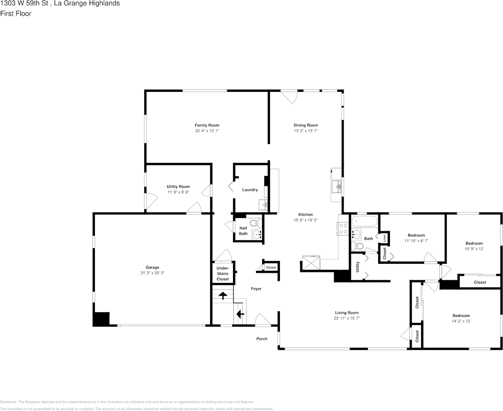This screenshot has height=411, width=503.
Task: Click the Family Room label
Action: (207, 125)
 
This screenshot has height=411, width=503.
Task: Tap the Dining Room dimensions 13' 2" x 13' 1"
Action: (305, 130)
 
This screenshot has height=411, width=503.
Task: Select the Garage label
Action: (152, 267)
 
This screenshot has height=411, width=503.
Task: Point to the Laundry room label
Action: (250, 190)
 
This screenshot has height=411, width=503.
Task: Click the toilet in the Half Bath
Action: (256, 223)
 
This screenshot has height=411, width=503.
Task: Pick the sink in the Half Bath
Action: (256, 234)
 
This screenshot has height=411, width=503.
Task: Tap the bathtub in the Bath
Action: (364, 222)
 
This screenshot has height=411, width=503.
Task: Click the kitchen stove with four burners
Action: (343, 228)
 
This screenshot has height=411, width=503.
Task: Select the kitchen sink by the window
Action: (337, 187)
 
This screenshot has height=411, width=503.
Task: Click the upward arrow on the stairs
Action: (223, 296)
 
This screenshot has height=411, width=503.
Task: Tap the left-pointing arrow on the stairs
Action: (239, 314)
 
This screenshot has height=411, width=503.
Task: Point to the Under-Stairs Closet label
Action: (223, 274)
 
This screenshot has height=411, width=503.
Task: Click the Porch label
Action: (262, 339)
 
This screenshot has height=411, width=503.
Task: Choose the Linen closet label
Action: (384, 239)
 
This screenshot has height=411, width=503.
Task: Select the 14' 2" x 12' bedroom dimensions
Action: (461, 321)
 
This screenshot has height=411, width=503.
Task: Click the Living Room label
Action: (347, 313)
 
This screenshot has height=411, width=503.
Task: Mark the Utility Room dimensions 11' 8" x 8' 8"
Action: (178, 192)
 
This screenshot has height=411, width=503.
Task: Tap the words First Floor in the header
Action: (16, 13)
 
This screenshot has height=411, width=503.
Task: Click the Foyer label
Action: (256, 289)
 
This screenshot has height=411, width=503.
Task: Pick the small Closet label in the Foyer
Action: (271, 268)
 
